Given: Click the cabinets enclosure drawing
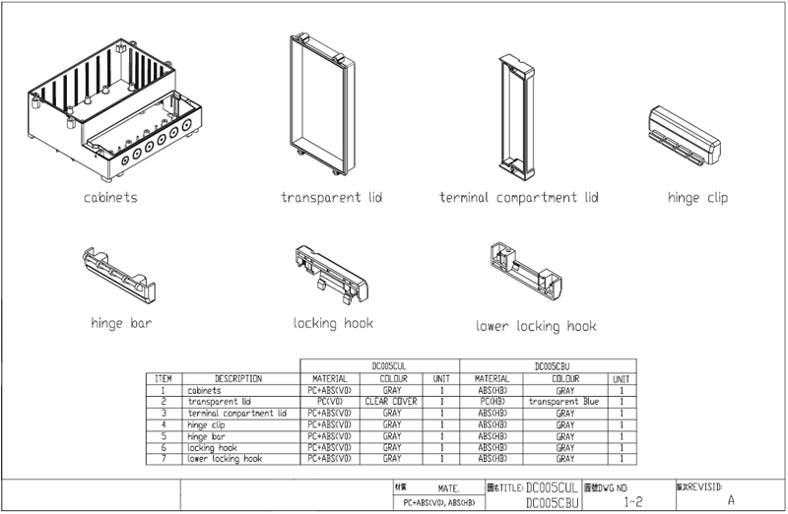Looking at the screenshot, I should (x=113, y=108).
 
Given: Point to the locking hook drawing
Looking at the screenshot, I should (x=333, y=270).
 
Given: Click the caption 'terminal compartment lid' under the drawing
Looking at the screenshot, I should (x=518, y=198).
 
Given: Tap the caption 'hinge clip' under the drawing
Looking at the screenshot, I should (x=696, y=198).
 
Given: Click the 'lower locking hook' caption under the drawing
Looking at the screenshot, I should (x=536, y=326).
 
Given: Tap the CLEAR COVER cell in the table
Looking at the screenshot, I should (x=391, y=402).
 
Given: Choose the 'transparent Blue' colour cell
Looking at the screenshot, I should (x=563, y=402).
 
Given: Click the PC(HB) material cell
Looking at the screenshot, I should (x=492, y=402).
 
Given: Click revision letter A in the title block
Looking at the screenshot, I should (x=730, y=499).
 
